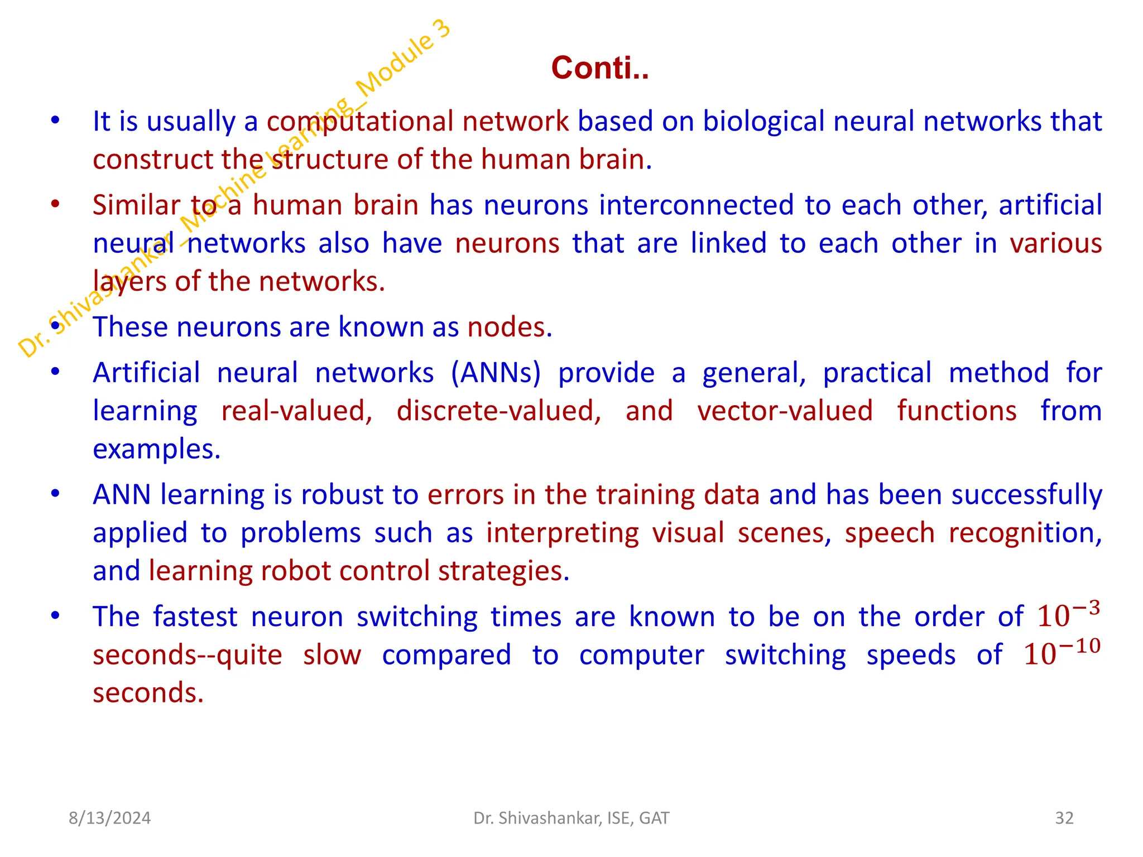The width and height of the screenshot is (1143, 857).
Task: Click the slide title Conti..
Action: tap(600, 68)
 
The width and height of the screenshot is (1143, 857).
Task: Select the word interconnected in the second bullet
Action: tap(696, 205)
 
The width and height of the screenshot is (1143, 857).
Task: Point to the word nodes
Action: tap(509, 327)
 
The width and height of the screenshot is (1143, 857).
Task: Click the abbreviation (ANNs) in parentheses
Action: tap(496, 373)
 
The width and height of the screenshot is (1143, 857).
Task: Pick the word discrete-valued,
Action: tap(499, 411)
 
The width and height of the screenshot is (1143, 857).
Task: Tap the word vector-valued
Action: tap(785, 411)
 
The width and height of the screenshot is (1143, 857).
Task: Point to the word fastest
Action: tap(195, 617)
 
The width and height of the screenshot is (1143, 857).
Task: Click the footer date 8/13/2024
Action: tap(109, 818)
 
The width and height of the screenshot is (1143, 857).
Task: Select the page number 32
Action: tap(1064, 818)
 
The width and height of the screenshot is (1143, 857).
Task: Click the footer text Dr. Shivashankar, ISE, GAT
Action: tap(571, 818)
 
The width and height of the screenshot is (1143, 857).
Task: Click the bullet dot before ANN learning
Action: tap(55, 494)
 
